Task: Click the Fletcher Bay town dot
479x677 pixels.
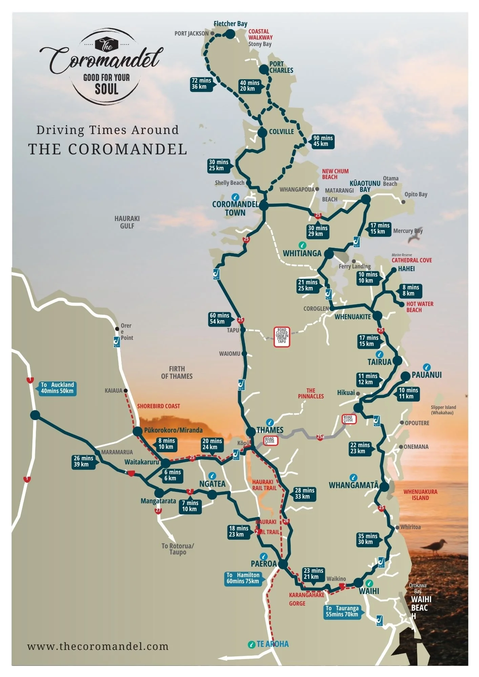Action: pos(230,34)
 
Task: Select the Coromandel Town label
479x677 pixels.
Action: pos(235,209)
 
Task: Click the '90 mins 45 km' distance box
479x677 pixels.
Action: pos(322,141)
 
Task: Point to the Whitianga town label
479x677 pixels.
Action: pos(302,253)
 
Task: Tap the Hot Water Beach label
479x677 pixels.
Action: pos(419,307)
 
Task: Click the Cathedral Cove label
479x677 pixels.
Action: pos(412,260)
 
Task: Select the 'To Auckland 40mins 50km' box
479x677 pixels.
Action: pos(57,388)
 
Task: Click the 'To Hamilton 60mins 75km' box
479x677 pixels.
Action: pos(243,578)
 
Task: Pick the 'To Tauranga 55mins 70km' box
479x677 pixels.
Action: pos(342,611)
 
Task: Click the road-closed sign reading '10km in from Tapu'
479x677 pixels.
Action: pos(282,336)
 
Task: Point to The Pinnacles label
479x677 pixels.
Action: pos(311,393)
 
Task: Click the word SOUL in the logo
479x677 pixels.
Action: pos(106,89)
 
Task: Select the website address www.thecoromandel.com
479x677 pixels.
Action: pos(98,646)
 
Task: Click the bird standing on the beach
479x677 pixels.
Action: pos(436,545)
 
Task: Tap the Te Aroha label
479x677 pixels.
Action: pos(272,644)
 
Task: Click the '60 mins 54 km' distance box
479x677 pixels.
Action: pos(219,318)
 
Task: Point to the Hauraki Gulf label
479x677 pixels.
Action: pos(127,222)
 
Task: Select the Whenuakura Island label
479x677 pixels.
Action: pos(420,495)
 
